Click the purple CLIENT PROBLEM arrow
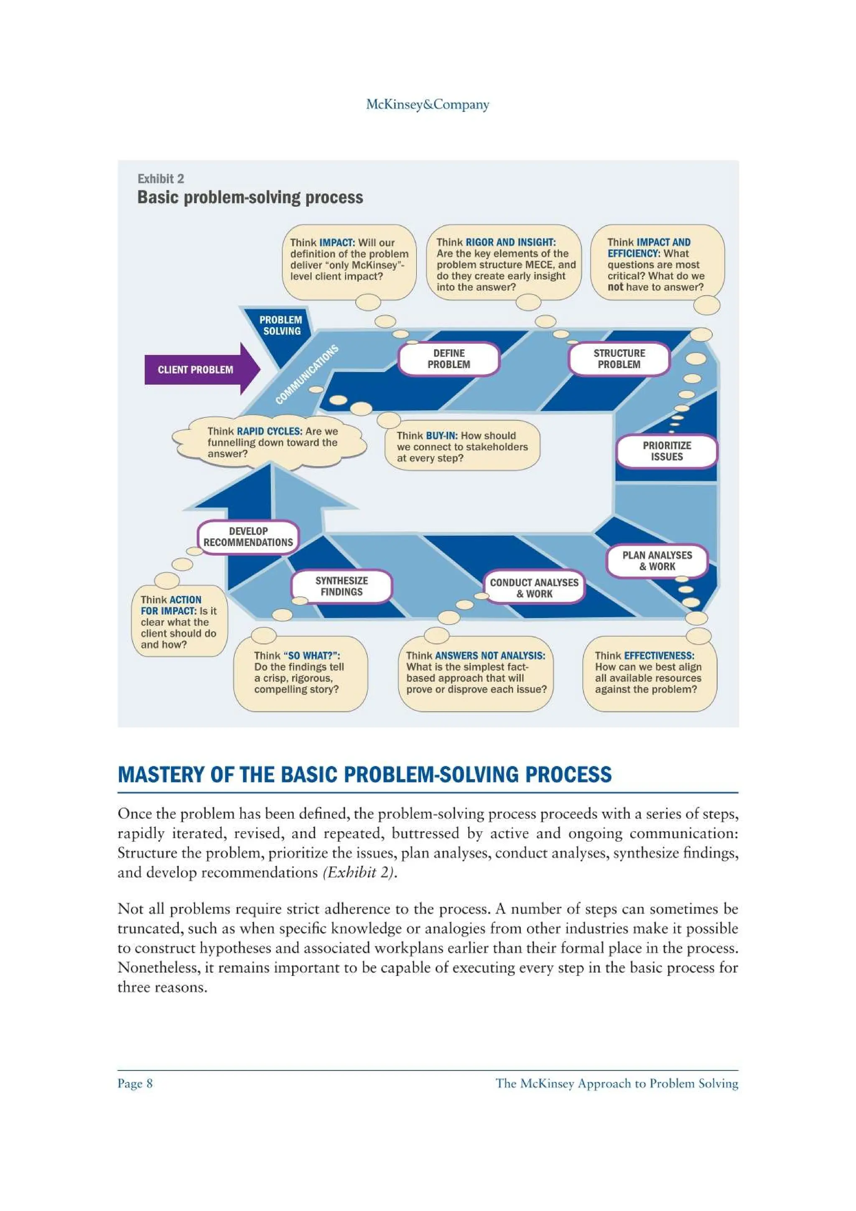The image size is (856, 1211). tap(201, 369)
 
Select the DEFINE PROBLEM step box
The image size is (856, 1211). tap(448, 359)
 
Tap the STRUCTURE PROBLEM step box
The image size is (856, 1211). tap(619, 359)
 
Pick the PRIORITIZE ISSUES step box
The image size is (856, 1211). tap(667, 451)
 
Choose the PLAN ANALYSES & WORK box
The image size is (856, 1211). tap(657, 561)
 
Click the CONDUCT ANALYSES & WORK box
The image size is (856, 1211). tap(534, 588)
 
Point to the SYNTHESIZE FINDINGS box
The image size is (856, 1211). tap(342, 586)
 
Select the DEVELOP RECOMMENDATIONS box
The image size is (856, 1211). tap(248, 537)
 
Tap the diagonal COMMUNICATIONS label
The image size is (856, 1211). tap(306, 374)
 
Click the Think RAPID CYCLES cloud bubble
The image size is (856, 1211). tap(270, 443)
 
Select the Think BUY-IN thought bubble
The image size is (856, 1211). tap(461, 447)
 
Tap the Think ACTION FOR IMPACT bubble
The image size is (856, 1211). tap(179, 622)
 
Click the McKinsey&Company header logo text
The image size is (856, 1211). tap(428, 104)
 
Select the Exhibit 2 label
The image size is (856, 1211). tap(161, 179)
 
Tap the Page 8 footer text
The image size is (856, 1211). tap(135, 1084)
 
